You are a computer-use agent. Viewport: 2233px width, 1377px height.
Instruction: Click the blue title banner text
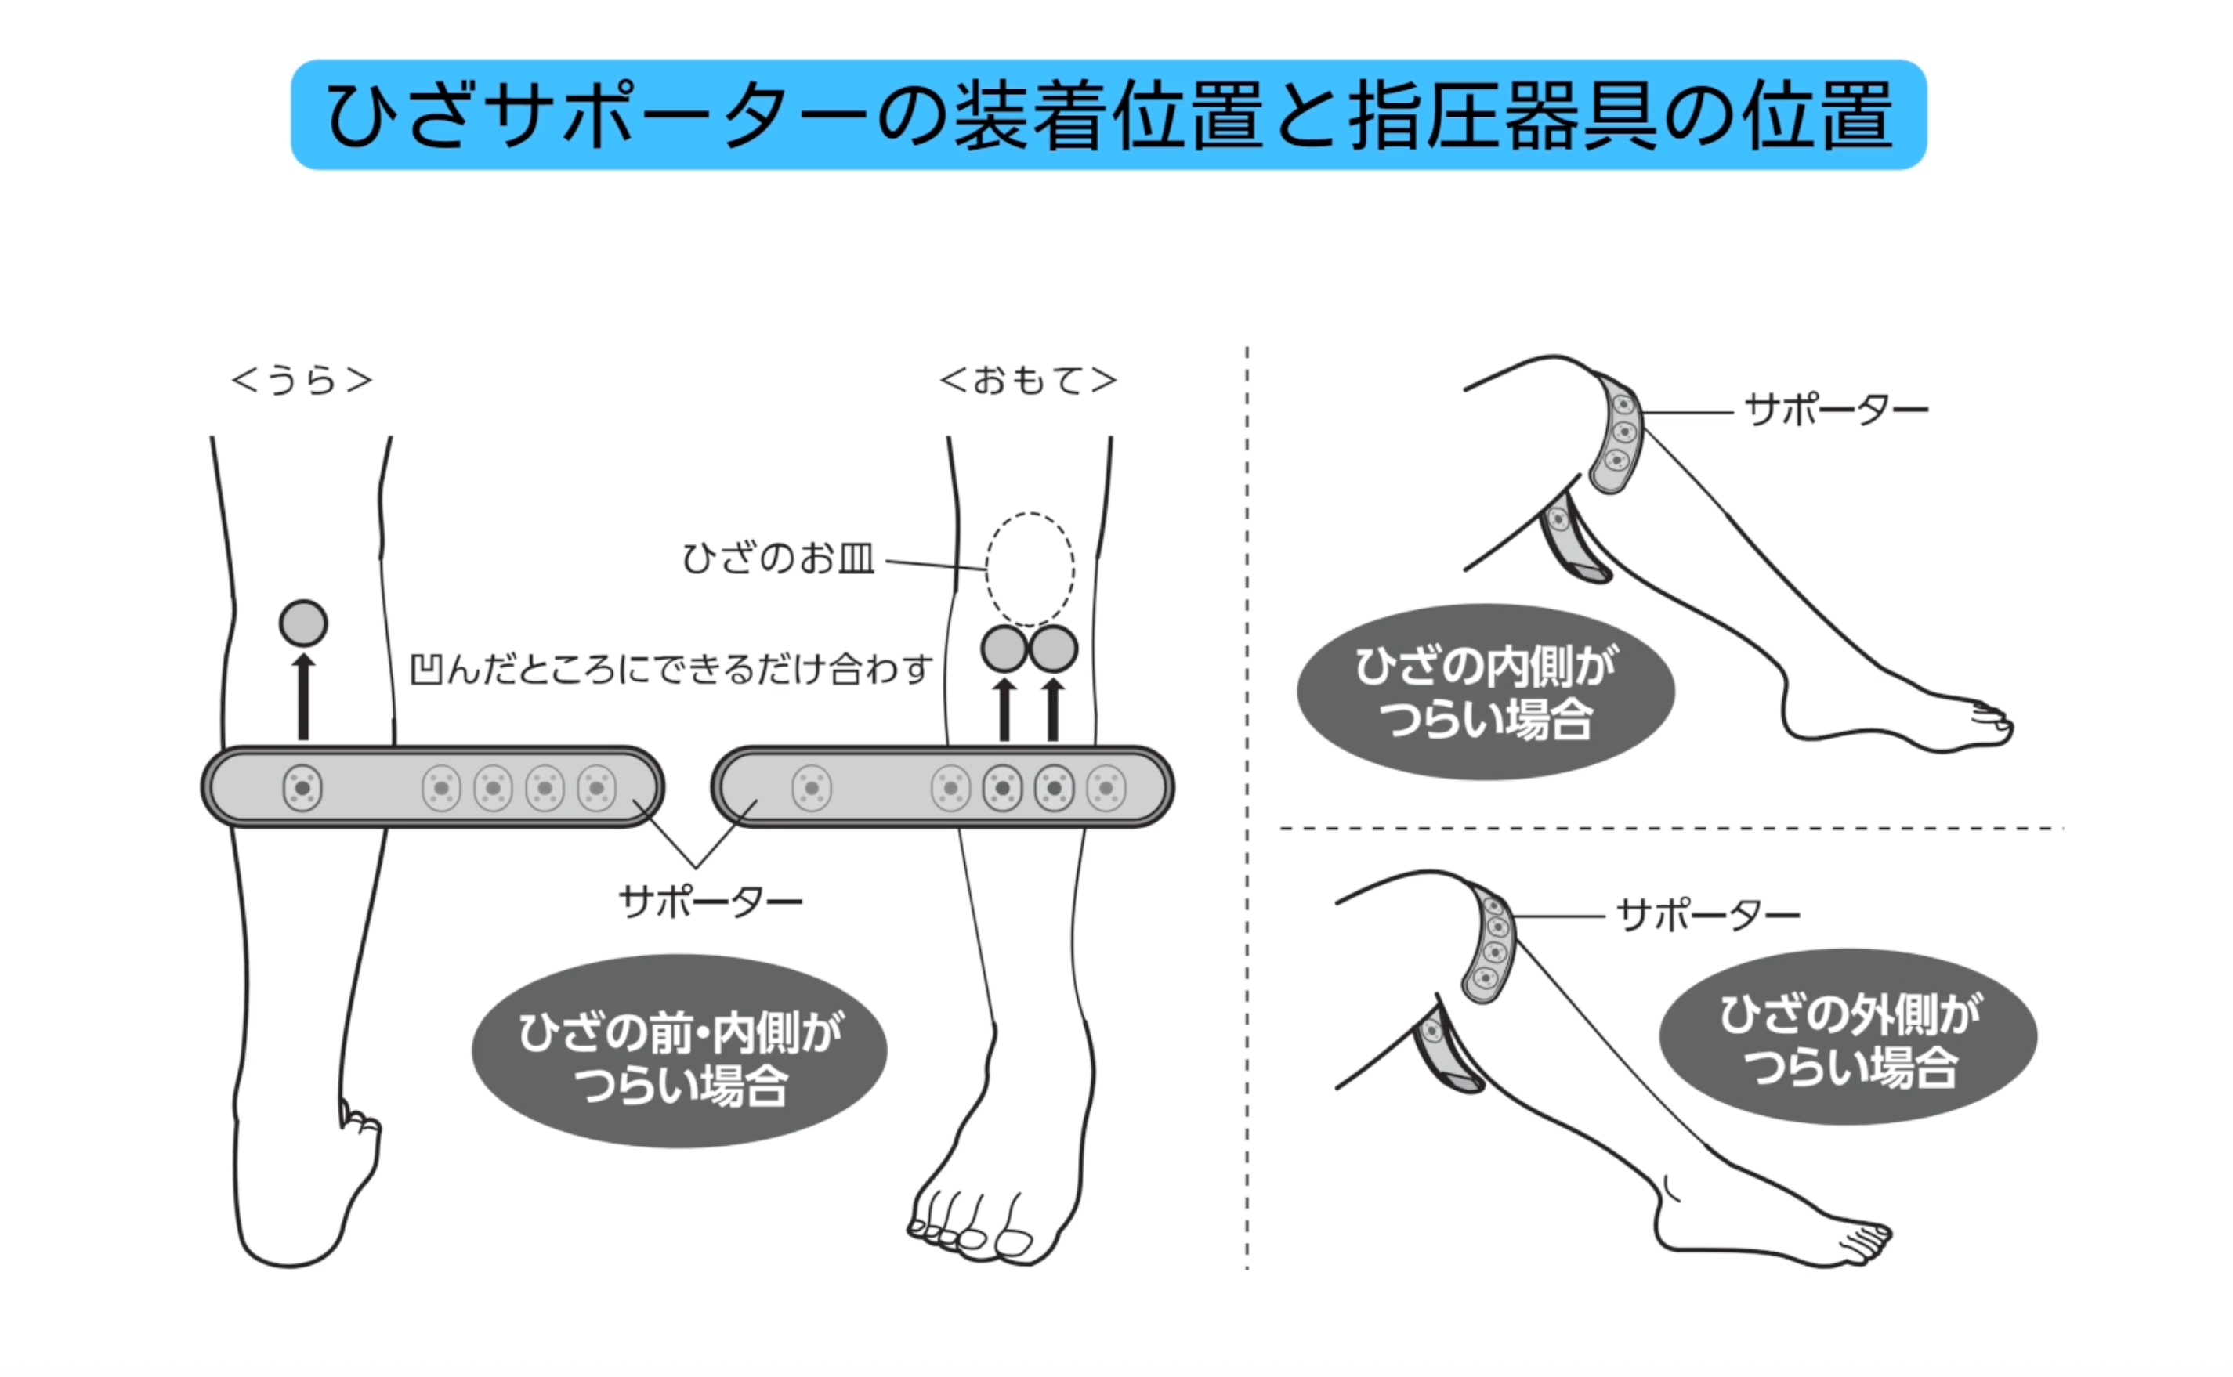1109,116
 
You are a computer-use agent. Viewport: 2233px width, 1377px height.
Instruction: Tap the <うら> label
302,381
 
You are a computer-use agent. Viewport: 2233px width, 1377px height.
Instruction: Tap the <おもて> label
1028,381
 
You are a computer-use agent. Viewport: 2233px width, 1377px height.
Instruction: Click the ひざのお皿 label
778,558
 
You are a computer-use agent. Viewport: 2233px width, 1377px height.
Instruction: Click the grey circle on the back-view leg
303,623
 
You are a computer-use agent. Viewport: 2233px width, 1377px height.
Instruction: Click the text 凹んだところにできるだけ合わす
671,670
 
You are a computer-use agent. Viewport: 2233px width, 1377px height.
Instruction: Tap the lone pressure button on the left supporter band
302,788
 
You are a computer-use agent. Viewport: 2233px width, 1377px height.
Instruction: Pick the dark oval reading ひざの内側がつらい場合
1486,693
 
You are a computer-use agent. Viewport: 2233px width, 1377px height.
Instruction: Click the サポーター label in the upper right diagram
1835,410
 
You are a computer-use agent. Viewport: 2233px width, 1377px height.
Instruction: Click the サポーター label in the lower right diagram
1707,916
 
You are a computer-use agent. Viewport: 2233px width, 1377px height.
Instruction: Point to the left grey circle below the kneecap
1004,649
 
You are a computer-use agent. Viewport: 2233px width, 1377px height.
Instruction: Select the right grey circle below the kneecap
1054,649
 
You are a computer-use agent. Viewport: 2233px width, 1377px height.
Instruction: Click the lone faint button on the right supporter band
812,788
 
